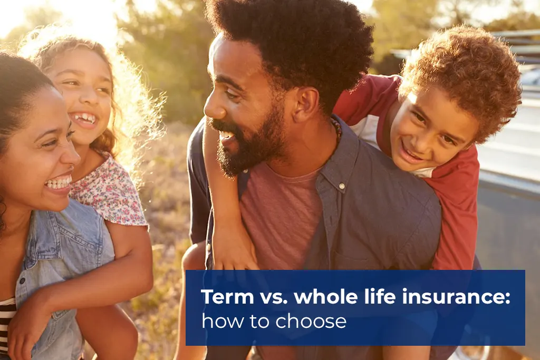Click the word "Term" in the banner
[x=228, y=296]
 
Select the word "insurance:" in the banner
[x=456, y=296]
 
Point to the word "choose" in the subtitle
[x=311, y=322]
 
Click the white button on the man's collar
[x=342, y=186]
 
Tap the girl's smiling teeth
[x=84, y=119]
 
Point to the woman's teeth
[x=59, y=183]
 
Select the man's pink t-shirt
[x=281, y=214]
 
